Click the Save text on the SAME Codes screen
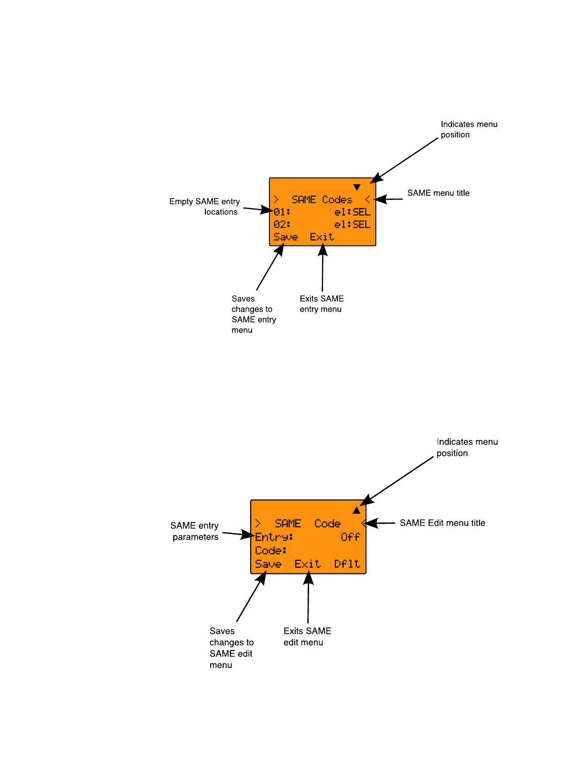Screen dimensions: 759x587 [286, 237]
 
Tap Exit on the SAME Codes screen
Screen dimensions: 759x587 [322, 237]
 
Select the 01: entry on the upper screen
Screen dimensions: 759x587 [282, 212]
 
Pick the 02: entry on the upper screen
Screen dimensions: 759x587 [282, 225]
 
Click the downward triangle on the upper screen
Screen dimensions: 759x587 [357, 187]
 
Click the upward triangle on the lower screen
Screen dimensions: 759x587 [356, 510]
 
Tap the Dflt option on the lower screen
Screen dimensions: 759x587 [347, 564]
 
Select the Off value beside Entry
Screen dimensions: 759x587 [350, 537]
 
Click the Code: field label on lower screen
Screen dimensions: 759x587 [271, 550]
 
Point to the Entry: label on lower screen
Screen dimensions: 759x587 [274, 537]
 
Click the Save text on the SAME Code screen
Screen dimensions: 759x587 [268, 564]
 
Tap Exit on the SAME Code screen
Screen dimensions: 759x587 [308, 564]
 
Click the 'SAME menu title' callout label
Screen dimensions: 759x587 [438, 193]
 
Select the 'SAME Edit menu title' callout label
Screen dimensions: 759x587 [442, 523]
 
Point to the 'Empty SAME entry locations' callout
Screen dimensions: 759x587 [205, 207]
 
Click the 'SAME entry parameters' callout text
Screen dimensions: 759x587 [195, 531]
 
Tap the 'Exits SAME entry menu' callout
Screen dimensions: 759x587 [322, 304]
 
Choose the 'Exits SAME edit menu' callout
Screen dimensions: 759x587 [307, 637]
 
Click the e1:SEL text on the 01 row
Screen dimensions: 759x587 [352, 212]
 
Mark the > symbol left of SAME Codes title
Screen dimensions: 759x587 [276, 200]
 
